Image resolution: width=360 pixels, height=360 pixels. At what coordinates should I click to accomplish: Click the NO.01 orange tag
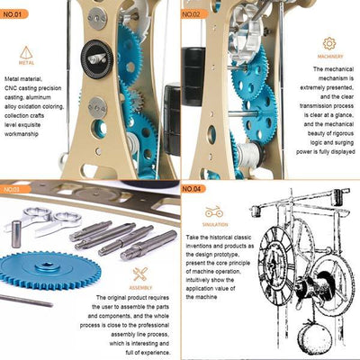[16, 13]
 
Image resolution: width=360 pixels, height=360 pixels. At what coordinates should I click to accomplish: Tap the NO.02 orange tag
[196, 13]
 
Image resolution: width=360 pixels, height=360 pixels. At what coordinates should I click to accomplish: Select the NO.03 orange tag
[16, 190]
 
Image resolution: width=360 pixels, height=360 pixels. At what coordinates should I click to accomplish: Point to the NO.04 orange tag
[196, 190]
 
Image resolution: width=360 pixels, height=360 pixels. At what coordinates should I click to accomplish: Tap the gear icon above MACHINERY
[329, 42]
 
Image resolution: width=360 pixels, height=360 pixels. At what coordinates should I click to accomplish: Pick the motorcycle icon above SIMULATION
[213, 212]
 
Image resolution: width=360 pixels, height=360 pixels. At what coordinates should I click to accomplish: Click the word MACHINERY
[329, 57]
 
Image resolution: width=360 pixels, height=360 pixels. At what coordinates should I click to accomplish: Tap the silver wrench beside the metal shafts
[53, 219]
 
